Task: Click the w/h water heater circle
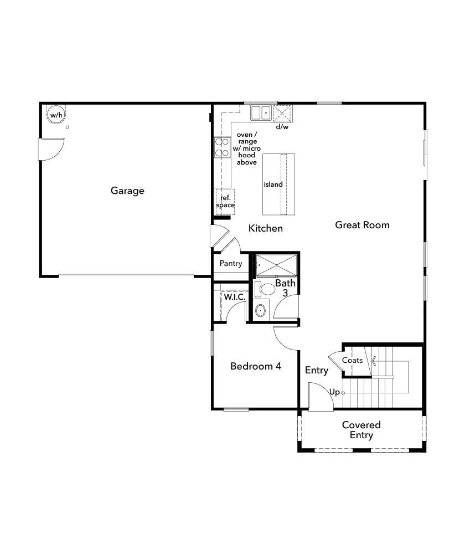(55, 115)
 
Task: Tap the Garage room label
(127, 191)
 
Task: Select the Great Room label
(362, 225)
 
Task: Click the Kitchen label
(266, 228)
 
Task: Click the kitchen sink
(260, 113)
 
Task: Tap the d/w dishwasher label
(282, 127)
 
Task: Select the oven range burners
(222, 147)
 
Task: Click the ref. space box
(225, 201)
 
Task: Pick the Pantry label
(230, 264)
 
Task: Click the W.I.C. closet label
(235, 297)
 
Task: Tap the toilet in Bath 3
(267, 289)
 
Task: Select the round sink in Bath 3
(261, 310)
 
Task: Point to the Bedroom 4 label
(256, 366)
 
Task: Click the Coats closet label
(352, 361)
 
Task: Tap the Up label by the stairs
(334, 392)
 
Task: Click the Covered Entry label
(361, 430)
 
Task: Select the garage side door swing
(50, 148)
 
